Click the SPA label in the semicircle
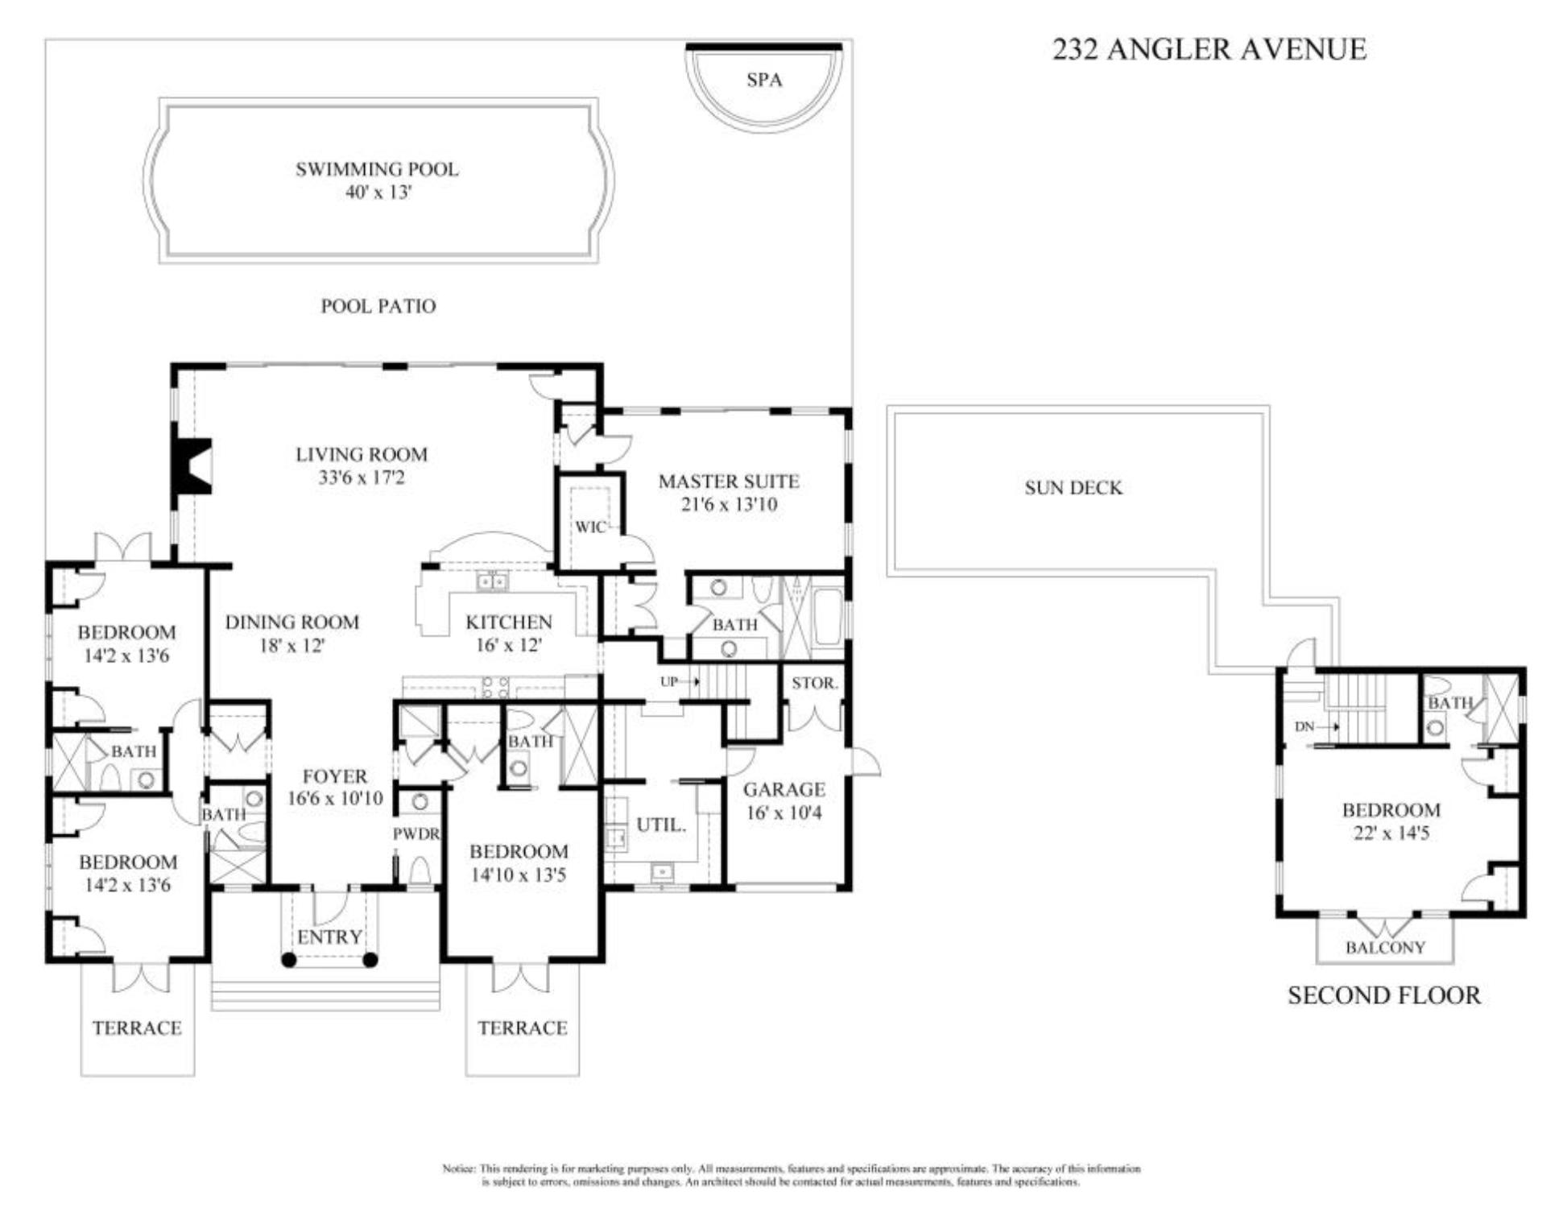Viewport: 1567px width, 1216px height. pyautogui.click(x=763, y=80)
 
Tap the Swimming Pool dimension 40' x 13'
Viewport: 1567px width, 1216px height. pyautogui.click(x=378, y=192)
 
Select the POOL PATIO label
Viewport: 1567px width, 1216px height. pyautogui.click(x=378, y=306)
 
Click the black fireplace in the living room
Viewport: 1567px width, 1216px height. pyautogui.click(x=192, y=466)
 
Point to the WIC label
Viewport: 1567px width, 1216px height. pyautogui.click(x=589, y=527)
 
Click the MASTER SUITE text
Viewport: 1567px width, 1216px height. pyautogui.click(x=728, y=482)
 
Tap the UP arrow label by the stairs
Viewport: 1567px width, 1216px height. pyautogui.click(x=669, y=682)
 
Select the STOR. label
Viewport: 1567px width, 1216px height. pyautogui.click(x=814, y=683)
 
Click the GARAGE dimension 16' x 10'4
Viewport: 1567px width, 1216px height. pyautogui.click(x=783, y=813)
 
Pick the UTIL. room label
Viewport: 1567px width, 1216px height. pyautogui.click(x=660, y=825)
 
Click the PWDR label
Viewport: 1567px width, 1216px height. pyautogui.click(x=416, y=834)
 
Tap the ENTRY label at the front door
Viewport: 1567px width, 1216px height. pyautogui.click(x=329, y=937)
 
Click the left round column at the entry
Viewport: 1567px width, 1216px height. pyautogui.click(x=288, y=960)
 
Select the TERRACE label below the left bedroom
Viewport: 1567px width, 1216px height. pyautogui.click(x=136, y=1028)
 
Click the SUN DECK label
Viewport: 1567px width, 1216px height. pyautogui.click(x=1073, y=488)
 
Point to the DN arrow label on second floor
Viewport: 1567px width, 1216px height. pyautogui.click(x=1304, y=726)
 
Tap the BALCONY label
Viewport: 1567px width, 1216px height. pyautogui.click(x=1385, y=948)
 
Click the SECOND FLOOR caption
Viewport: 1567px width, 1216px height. pyautogui.click(x=1383, y=995)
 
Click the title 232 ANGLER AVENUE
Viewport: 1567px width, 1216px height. pyautogui.click(x=1209, y=50)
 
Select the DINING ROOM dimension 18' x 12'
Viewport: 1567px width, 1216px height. pyautogui.click(x=291, y=646)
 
